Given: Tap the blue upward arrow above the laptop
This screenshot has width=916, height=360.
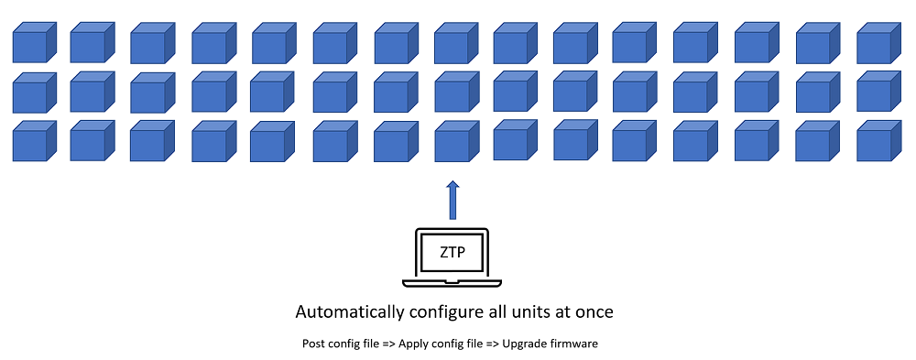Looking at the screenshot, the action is click(453, 200).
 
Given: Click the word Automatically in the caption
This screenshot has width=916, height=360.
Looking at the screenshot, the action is click(349, 311).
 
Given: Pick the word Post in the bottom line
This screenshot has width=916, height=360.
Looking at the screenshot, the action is click(311, 343).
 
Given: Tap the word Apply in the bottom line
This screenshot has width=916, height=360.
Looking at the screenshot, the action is click(410, 344).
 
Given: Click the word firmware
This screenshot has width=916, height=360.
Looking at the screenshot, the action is click(576, 343).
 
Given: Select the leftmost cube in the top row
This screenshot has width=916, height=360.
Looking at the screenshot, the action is click(35, 43).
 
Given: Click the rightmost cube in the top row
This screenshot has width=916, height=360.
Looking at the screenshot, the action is click(879, 43).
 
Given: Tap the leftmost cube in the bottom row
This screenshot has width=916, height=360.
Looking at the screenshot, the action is click(35, 141).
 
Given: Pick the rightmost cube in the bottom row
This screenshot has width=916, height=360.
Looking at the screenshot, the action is click(879, 141).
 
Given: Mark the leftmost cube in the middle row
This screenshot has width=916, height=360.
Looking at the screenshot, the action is click(35, 93).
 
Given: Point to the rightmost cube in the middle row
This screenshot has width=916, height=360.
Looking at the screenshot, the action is click(879, 92).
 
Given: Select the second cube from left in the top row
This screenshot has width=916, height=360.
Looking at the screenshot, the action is click(93, 42).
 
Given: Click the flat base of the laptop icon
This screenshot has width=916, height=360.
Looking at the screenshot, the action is click(452, 283).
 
